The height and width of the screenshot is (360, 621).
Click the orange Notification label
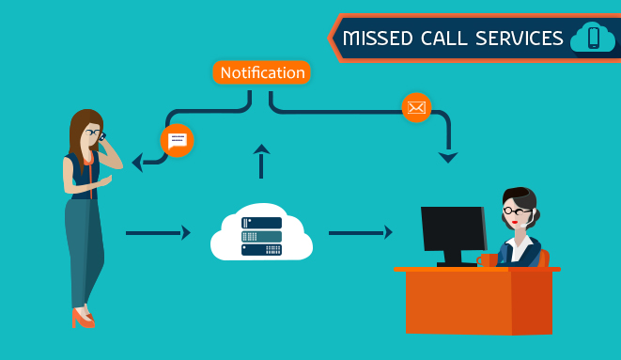pyautogui.click(x=261, y=72)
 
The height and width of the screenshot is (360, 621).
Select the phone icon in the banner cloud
pyautogui.click(x=593, y=38)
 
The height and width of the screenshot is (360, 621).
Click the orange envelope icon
pyautogui.click(x=416, y=107)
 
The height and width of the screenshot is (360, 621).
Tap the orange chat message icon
pyautogui.click(x=177, y=141)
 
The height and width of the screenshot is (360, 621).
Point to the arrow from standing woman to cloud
pyautogui.click(x=157, y=232)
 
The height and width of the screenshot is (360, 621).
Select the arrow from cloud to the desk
pyautogui.click(x=360, y=232)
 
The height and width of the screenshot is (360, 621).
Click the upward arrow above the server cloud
pyautogui.click(x=261, y=161)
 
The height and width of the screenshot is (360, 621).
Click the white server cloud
pyautogui.click(x=261, y=232)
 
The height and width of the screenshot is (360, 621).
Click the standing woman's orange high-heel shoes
pyautogui.click(x=83, y=319)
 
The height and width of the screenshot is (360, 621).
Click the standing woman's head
pyautogui.click(x=87, y=129)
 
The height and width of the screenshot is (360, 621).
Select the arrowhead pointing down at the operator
pyautogui.click(x=448, y=157)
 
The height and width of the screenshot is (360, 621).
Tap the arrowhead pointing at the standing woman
pyautogui.click(x=137, y=163)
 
